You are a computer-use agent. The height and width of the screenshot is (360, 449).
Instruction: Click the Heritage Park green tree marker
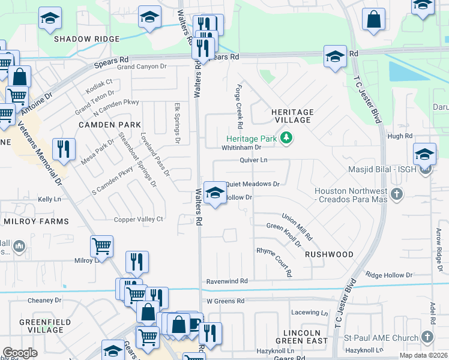coord(287,138)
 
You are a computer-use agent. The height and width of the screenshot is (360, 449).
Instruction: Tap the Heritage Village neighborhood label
coord(292,116)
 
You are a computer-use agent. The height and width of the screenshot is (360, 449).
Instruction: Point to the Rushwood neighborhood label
coord(329,254)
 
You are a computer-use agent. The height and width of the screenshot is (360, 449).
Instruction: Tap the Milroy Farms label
coord(37,221)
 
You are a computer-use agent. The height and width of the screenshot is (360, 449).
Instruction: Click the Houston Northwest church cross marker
coord(396,194)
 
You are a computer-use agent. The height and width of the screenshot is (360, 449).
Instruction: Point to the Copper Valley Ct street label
coord(139,220)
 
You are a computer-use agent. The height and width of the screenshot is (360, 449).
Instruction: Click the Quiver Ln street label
coord(253,160)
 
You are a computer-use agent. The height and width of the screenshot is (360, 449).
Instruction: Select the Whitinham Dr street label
coord(243,147)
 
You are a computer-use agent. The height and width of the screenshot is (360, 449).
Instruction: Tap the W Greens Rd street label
coord(226,301)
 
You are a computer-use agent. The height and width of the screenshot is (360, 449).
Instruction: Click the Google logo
coord(20,353)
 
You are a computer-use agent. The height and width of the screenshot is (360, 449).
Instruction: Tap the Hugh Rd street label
coord(400,136)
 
